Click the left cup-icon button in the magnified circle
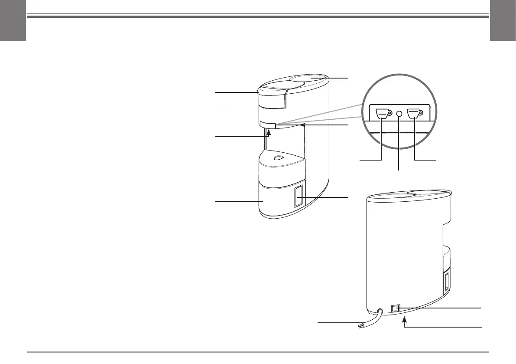382,113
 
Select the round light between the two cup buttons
399,113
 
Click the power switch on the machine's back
396,308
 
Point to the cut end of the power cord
360,328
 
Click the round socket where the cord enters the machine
380,312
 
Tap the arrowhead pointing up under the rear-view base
404,320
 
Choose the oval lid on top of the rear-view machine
429,193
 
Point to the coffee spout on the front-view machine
268,125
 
